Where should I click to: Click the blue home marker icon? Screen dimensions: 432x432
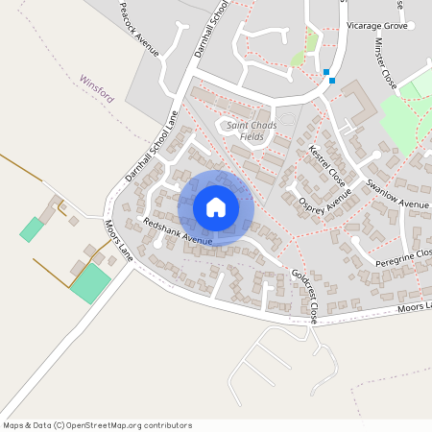click(216, 207)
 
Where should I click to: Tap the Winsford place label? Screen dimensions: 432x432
click(97, 88)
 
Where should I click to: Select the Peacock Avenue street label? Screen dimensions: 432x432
click(137, 28)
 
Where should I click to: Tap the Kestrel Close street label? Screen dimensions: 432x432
click(327, 165)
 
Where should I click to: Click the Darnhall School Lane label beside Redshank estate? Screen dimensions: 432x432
click(152, 147)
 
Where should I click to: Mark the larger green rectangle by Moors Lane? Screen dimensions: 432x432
click(90, 284)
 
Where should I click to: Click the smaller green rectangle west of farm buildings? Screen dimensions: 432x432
click(33, 229)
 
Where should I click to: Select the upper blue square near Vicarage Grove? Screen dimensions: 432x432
click(326, 72)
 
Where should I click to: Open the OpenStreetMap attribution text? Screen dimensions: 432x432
click(97, 425)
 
